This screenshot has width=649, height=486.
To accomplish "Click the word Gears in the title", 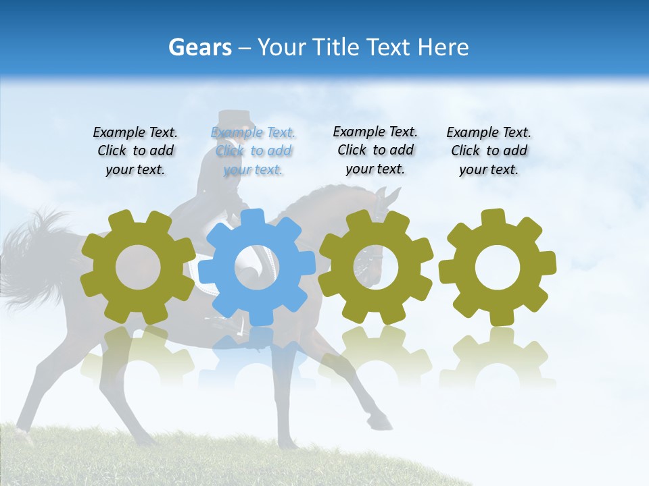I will pyautogui.click(x=200, y=47).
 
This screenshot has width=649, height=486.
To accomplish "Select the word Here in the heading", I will pyautogui.click(x=443, y=47).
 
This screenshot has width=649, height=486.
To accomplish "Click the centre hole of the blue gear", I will pyautogui.click(x=258, y=268).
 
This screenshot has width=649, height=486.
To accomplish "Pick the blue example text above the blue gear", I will pyautogui.click(x=253, y=151).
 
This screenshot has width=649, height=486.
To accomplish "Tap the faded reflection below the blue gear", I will pyautogui.click(x=258, y=358).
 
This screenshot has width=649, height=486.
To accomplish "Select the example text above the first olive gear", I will pyautogui.click(x=135, y=151).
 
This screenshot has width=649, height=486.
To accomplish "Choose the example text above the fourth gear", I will pyautogui.click(x=489, y=151).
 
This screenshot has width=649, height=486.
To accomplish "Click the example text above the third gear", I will pyautogui.click(x=375, y=150).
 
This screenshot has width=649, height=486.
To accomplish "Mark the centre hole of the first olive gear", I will pyautogui.click(x=138, y=268).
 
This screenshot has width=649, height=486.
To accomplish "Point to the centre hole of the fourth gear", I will pyautogui.click(x=497, y=267).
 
